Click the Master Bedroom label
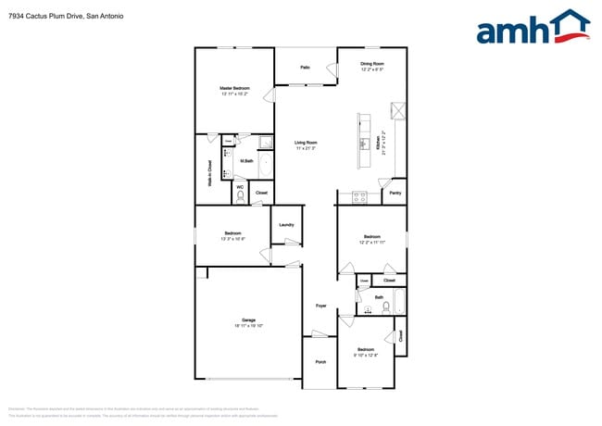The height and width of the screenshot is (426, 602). tap(233, 88)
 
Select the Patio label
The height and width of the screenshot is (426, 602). tap(305, 67)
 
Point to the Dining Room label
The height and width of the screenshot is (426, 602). tap(371, 63)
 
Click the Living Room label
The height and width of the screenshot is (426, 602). tap(306, 143)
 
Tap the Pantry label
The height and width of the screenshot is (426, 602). tap(395, 193)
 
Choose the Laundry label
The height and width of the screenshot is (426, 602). tap(286, 225)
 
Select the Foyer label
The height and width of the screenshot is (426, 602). tap(321, 305)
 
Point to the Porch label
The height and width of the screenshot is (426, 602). tap(320, 361)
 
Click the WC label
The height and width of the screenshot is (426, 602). tap(239, 187)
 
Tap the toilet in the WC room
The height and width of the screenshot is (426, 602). tap(239, 195)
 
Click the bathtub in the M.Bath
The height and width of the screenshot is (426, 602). tap(267, 166)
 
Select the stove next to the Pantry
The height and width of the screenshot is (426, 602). tap(360, 195)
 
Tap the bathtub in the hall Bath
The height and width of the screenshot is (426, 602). tap(399, 303)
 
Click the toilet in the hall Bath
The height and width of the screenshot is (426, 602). tap(383, 307)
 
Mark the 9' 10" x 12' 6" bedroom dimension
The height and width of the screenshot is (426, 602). tap(366, 355)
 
